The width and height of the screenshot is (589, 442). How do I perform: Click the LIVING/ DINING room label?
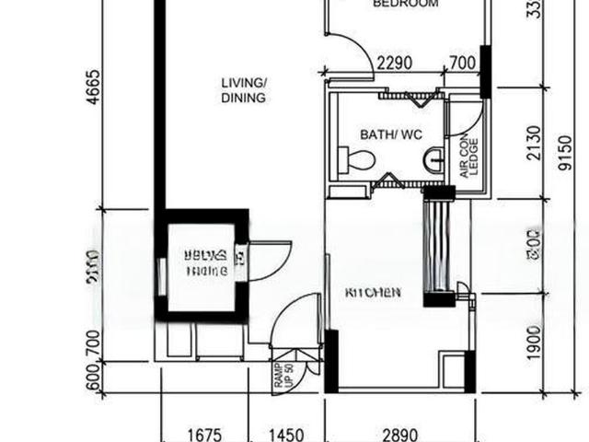[x=244, y=90]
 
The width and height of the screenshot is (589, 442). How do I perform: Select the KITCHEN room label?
[x=372, y=293]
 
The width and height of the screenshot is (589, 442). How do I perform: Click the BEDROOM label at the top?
[x=405, y=5]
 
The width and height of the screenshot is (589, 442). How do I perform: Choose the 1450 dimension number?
[x=285, y=431]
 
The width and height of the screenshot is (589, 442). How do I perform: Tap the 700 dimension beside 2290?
[x=461, y=64]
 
